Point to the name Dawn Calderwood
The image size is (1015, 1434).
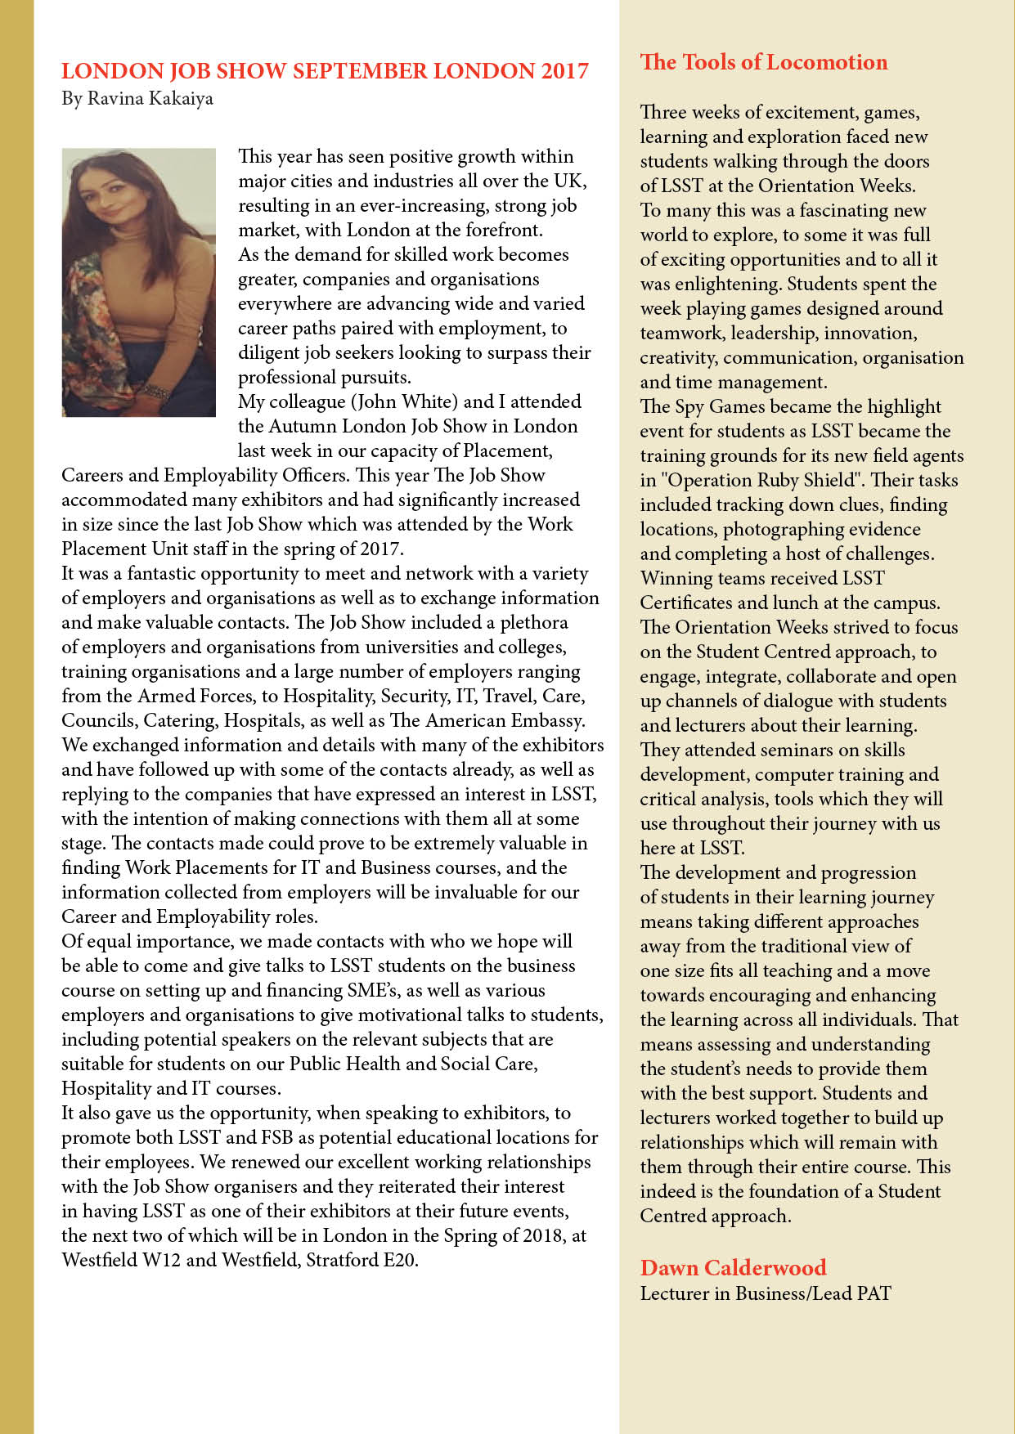(x=733, y=1267)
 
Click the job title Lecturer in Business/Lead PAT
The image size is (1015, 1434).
(x=765, y=1293)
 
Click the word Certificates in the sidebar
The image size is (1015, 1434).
(x=686, y=603)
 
